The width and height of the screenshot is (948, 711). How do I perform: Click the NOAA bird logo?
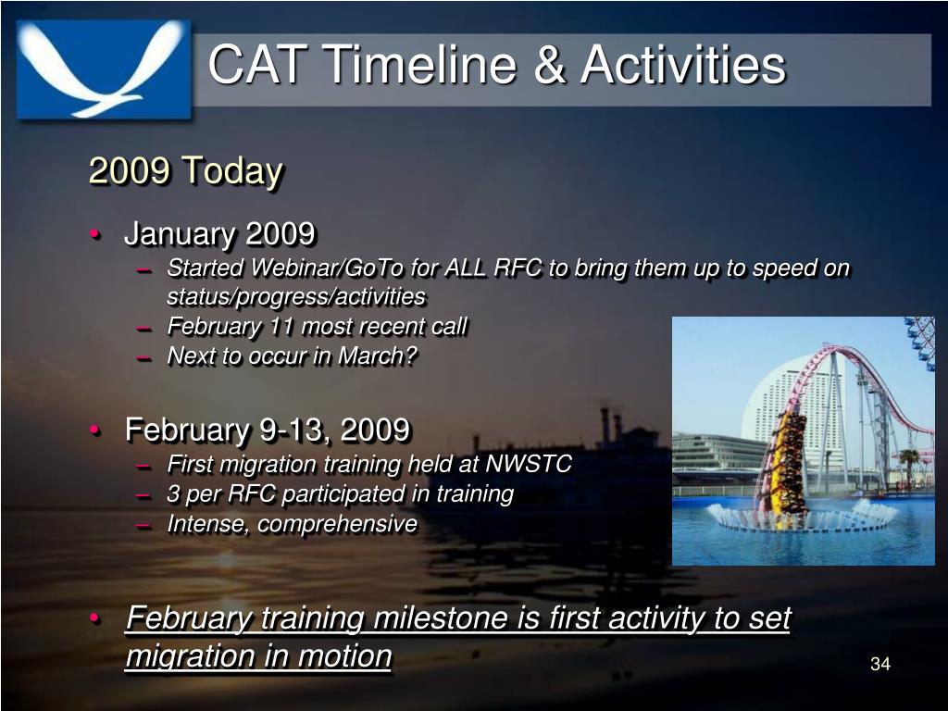click(x=104, y=69)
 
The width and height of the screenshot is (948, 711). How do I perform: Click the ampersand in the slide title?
click(x=550, y=64)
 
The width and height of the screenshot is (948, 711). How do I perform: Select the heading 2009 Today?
click(x=185, y=170)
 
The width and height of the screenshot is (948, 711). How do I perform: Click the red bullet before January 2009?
click(x=95, y=234)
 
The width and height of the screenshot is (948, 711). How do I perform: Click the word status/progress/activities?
click(x=296, y=297)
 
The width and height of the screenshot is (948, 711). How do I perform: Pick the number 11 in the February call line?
click(x=281, y=327)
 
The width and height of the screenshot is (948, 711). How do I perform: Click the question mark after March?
click(x=410, y=355)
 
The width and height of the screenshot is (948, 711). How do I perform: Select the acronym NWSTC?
click(x=529, y=464)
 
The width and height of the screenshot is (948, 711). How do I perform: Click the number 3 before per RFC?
click(x=173, y=494)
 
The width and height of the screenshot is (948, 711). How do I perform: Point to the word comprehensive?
click(x=337, y=524)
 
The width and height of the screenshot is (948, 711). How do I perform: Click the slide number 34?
click(x=880, y=664)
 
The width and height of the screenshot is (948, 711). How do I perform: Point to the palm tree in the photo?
click(x=909, y=466)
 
